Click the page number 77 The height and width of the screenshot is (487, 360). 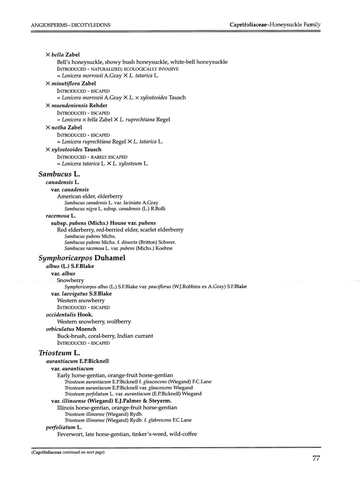click(316, 458)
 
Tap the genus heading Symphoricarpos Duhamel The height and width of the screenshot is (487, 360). click(82, 258)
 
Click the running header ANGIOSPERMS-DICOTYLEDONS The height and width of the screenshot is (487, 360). click(71, 25)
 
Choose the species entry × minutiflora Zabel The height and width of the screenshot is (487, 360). click(71, 84)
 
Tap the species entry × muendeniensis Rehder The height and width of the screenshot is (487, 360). click(76, 106)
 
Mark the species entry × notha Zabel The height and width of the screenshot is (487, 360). click(63, 127)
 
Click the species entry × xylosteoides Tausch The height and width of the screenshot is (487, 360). click(73, 150)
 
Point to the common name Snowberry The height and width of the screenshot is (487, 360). click(71, 280)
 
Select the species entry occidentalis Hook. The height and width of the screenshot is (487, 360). click(69, 314)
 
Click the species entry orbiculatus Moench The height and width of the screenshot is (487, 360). click(71, 329)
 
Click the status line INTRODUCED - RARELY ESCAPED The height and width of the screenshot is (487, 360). click(92, 157)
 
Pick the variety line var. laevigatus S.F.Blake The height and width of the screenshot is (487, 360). click(81, 294)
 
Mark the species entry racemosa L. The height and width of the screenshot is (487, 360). click(61, 216)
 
